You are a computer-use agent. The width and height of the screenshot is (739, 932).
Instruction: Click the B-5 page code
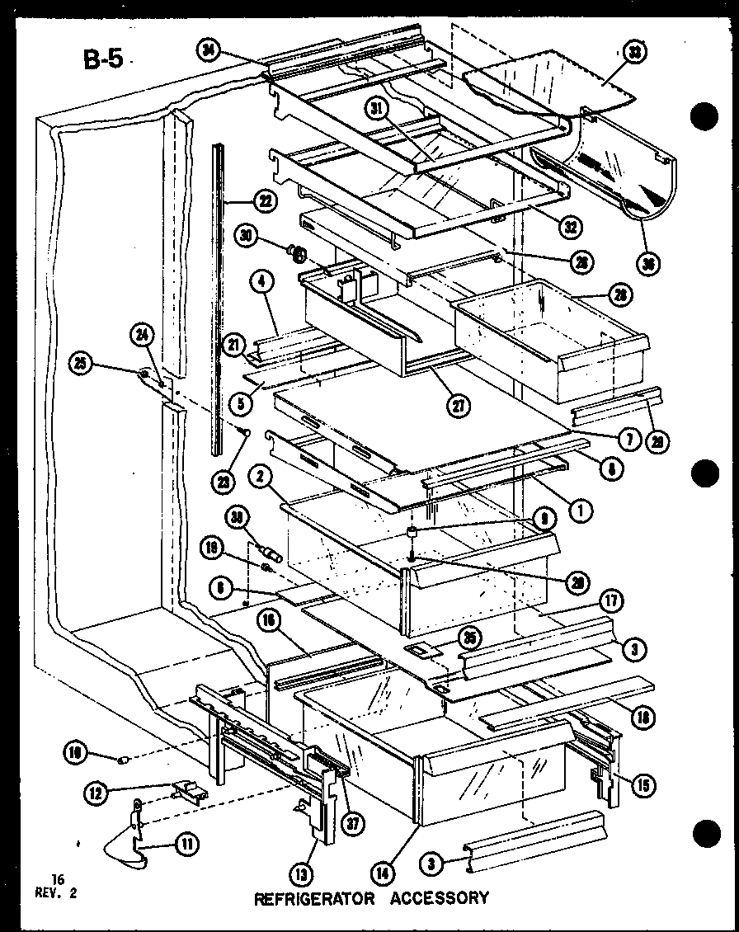102,59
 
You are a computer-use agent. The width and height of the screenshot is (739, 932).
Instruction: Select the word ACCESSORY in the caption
440,897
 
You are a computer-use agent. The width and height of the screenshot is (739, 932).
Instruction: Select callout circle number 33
634,52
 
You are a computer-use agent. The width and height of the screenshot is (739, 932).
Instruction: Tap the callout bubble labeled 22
266,200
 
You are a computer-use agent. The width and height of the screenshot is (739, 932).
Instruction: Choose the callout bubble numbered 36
647,265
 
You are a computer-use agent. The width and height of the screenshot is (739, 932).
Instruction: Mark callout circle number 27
454,404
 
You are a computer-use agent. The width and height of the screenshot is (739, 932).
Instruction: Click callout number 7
628,440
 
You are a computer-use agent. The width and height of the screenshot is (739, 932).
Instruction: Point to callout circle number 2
257,476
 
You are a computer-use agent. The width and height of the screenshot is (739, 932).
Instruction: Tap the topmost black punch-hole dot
703,116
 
